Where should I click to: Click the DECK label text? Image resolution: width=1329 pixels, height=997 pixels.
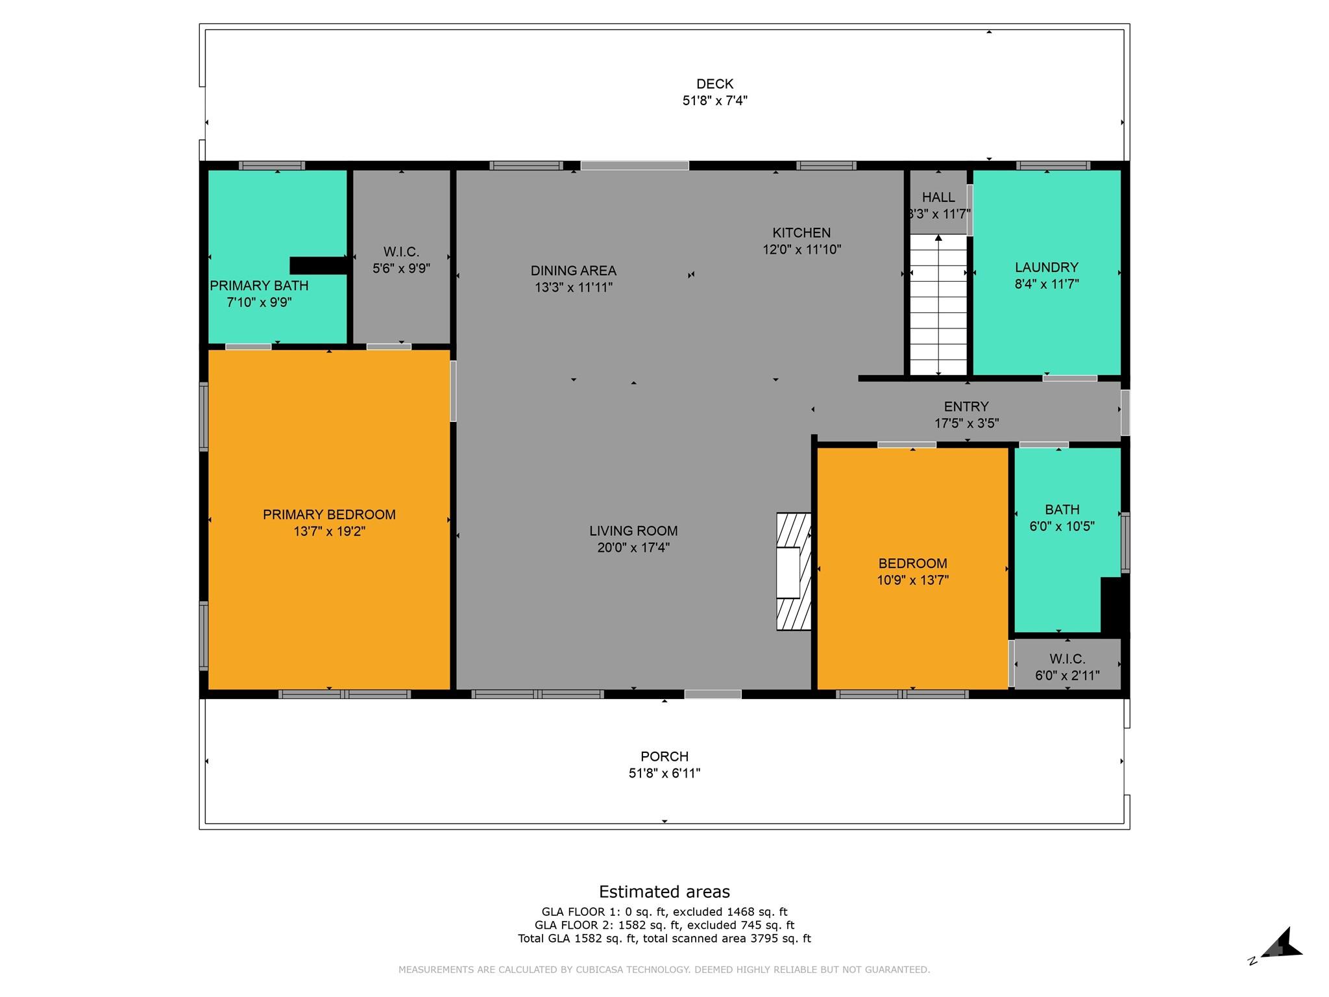(714, 84)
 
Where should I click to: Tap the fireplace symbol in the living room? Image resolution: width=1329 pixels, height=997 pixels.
(794, 571)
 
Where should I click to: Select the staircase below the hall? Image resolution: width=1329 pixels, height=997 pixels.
(938, 305)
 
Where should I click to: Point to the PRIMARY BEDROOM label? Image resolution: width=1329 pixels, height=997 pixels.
(329, 515)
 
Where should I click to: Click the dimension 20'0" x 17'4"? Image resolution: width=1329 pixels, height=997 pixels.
(633, 548)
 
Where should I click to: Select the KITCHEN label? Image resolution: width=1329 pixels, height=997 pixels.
(801, 232)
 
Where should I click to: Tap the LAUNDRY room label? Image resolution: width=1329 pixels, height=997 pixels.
(1046, 267)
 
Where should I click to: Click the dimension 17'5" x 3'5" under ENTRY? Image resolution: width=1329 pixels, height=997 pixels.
(966, 423)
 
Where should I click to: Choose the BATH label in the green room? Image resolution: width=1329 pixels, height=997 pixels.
(1062, 510)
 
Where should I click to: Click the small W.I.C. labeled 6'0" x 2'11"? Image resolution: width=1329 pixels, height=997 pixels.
(1067, 667)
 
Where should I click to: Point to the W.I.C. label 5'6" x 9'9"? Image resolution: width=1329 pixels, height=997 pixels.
(401, 260)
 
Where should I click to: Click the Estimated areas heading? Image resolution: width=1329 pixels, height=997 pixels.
(664, 891)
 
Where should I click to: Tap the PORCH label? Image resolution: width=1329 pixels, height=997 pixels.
(664, 756)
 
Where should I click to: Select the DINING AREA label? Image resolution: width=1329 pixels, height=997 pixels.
(573, 271)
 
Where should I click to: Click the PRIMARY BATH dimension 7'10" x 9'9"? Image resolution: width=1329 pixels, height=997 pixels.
(259, 302)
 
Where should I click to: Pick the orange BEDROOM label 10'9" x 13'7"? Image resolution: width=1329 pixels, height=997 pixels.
(912, 563)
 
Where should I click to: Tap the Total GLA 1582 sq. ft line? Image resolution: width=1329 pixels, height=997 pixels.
(664, 938)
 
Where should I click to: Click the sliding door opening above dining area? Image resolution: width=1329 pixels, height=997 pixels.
(634, 166)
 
